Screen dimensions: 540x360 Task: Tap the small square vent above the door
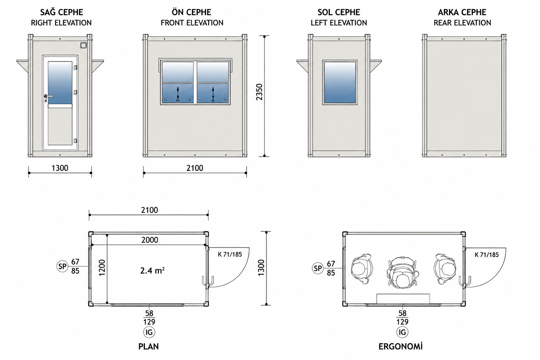(x=84, y=45)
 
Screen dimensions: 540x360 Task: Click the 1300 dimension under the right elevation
(x=60, y=168)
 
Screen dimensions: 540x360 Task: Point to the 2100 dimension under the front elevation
(x=194, y=168)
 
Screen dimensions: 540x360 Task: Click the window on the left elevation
(x=340, y=83)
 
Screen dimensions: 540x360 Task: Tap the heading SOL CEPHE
(x=339, y=12)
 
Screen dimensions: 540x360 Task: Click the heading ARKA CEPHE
(x=462, y=12)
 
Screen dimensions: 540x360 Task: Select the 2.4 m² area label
(x=152, y=271)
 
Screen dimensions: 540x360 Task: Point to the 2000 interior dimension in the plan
(x=150, y=240)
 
